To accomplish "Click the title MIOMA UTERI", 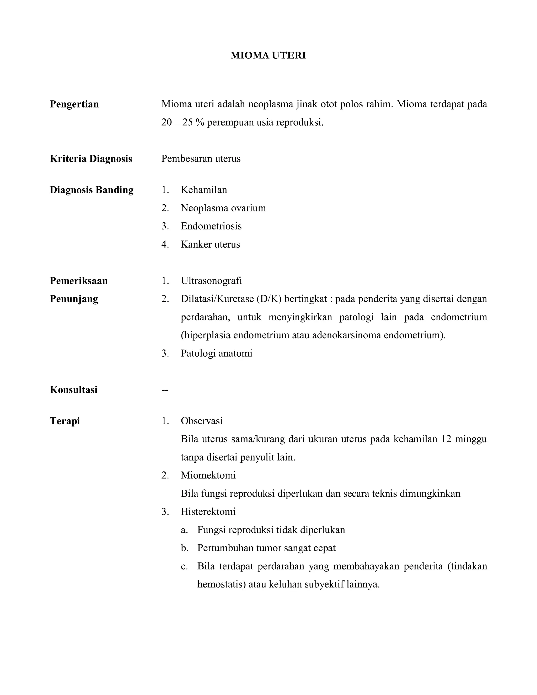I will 268,56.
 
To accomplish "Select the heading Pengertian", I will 74,104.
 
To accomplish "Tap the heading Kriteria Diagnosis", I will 91,159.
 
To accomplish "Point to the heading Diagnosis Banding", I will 91,190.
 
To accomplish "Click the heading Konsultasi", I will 73,390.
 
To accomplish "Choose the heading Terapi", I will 65,421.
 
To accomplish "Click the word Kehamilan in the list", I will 204,190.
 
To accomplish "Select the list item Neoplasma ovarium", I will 223,208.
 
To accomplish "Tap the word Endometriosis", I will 211,226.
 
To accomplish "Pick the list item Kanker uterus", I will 210,244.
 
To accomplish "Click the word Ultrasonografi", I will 211,281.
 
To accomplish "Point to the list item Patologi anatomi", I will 216,354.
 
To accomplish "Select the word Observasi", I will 202,421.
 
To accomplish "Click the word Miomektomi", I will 208,475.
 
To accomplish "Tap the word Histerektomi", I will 208,512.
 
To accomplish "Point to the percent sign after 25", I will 200,122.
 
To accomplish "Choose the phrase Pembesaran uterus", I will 201,159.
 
